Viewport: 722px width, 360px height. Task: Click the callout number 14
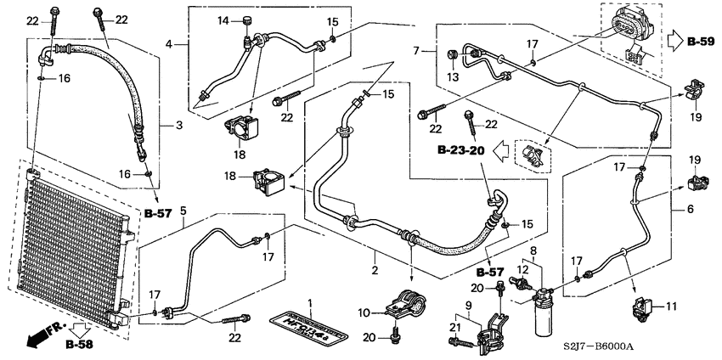coord(224,20)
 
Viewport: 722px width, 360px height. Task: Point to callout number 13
coord(451,78)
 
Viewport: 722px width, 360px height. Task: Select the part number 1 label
coord(310,303)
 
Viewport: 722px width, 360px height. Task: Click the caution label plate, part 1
coord(309,326)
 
